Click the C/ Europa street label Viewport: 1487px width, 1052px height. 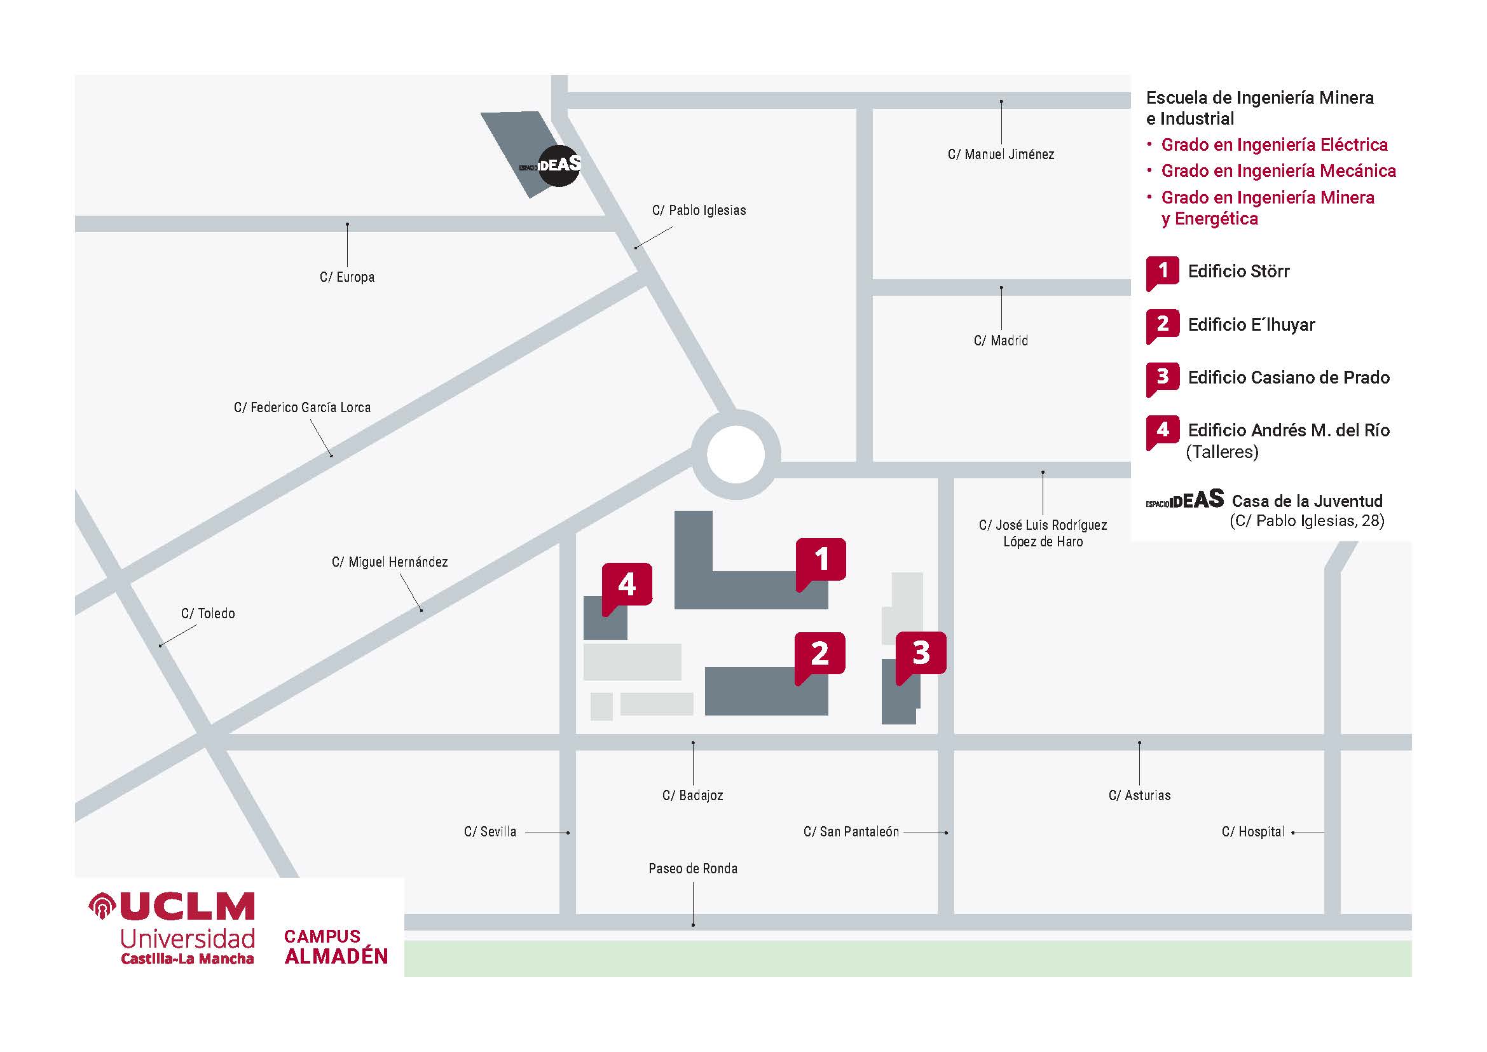tap(347, 277)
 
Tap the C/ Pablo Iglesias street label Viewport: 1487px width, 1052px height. tap(699, 211)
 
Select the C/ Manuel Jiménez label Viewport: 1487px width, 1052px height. tap(1001, 155)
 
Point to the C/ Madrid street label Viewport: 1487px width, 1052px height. tap(1001, 341)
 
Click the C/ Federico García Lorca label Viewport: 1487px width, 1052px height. tap(303, 408)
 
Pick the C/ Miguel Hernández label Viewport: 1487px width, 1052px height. tap(390, 562)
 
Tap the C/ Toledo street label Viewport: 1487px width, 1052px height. tap(208, 613)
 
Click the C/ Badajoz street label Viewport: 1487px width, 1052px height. tap(692, 796)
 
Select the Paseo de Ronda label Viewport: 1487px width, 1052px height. tap(693, 869)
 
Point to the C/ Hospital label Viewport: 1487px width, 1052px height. tap(1252, 832)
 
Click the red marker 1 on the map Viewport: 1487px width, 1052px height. tap(821, 559)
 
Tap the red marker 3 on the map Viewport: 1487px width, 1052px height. tap(921, 653)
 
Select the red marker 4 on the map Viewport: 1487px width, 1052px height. tap(626, 585)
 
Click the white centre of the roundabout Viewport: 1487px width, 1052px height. tap(736, 454)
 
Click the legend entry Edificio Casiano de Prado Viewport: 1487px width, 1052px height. tap(1288, 378)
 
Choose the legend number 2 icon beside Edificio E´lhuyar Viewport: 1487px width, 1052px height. tap(1163, 324)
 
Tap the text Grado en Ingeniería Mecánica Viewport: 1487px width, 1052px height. tap(1278, 171)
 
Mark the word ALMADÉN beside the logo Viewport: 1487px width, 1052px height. tap(337, 957)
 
